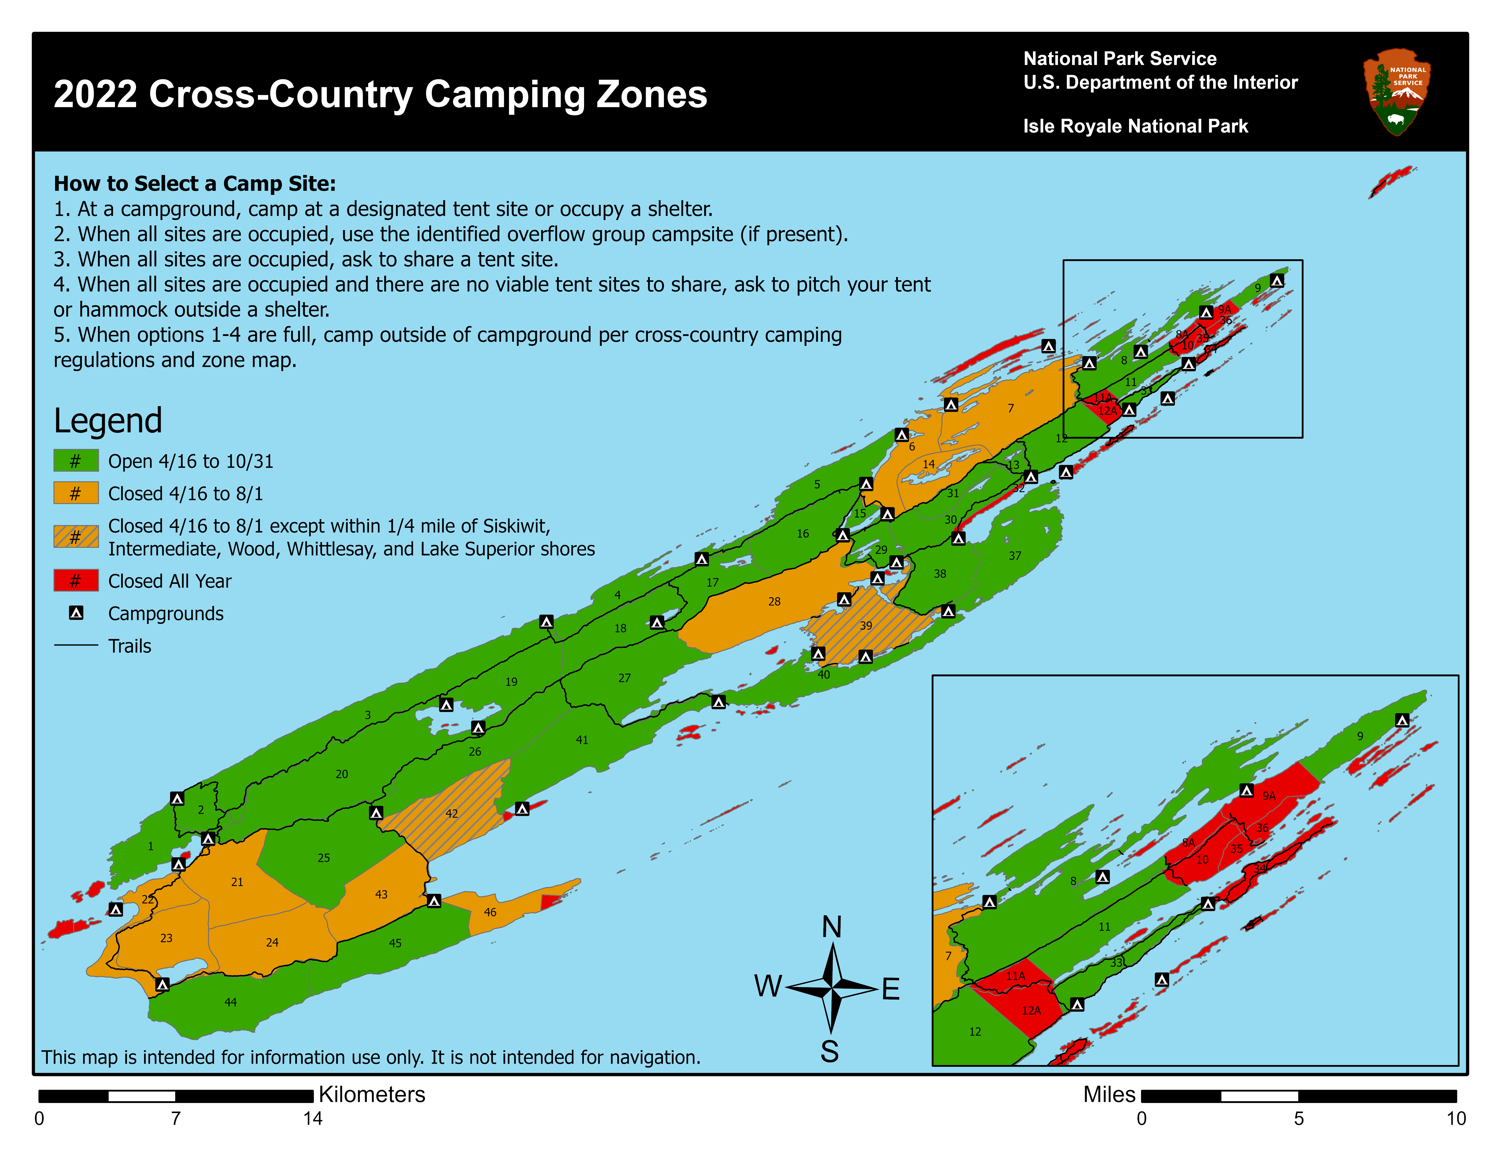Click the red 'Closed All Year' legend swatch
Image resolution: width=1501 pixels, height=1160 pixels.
(x=76, y=581)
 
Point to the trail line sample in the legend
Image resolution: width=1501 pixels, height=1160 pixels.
(x=76, y=645)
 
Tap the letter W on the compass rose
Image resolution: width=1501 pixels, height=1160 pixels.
(x=768, y=986)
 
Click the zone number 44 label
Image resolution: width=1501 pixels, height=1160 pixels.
(x=230, y=1002)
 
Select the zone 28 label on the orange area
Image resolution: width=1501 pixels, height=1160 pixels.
(x=774, y=601)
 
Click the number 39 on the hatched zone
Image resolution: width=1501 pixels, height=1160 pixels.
(x=865, y=625)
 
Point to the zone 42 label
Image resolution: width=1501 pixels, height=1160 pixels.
(x=452, y=813)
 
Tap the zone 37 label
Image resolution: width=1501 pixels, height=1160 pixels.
(x=1014, y=555)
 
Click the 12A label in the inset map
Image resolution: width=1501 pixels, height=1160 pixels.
(x=1031, y=1010)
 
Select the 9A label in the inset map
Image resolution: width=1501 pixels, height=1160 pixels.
(x=1269, y=796)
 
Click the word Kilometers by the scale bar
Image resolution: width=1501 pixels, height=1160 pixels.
(x=372, y=1094)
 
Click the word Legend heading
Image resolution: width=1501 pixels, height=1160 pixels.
(x=108, y=421)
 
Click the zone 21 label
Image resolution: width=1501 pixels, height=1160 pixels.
(x=237, y=882)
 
